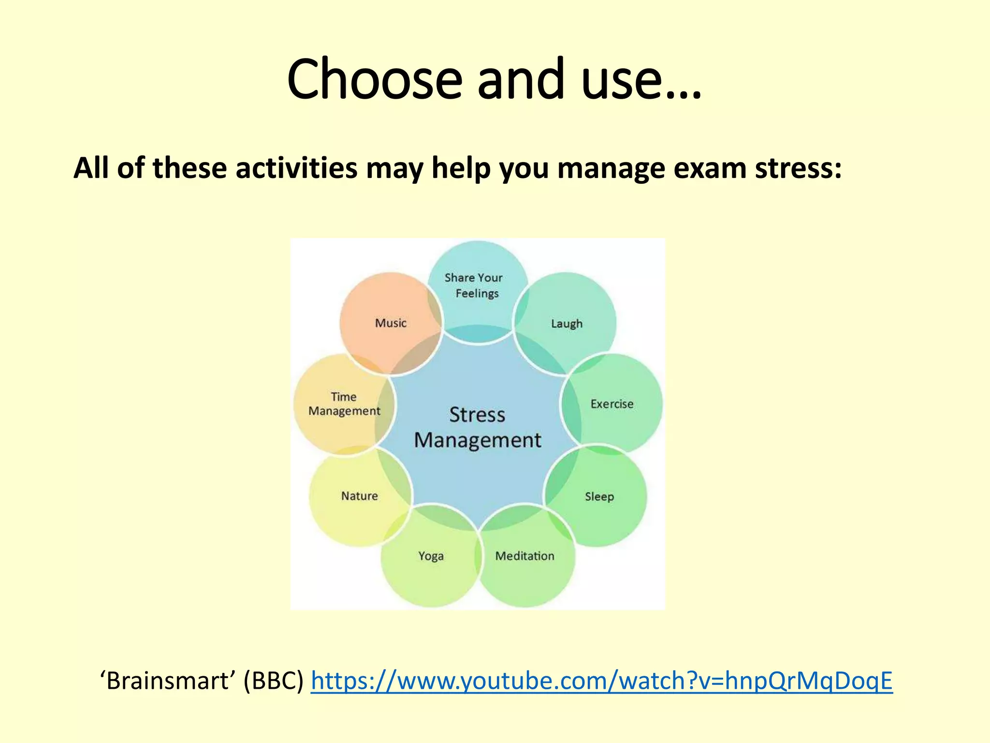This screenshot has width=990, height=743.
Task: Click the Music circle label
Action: (391, 323)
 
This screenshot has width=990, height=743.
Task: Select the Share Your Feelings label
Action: (474, 285)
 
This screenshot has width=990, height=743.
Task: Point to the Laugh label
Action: (567, 324)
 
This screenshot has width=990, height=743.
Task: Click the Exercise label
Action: (611, 404)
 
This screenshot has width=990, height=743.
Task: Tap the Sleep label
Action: (599, 497)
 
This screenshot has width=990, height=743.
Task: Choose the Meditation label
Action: (524, 556)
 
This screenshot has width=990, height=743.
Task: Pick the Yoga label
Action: (431, 556)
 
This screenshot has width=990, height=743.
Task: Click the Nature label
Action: (359, 496)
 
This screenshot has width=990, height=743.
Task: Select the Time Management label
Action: (344, 404)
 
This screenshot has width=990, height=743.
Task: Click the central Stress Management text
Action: (478, 428)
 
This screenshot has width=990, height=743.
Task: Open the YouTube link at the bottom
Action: (601, 681)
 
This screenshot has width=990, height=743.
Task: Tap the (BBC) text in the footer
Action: (273, 681)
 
